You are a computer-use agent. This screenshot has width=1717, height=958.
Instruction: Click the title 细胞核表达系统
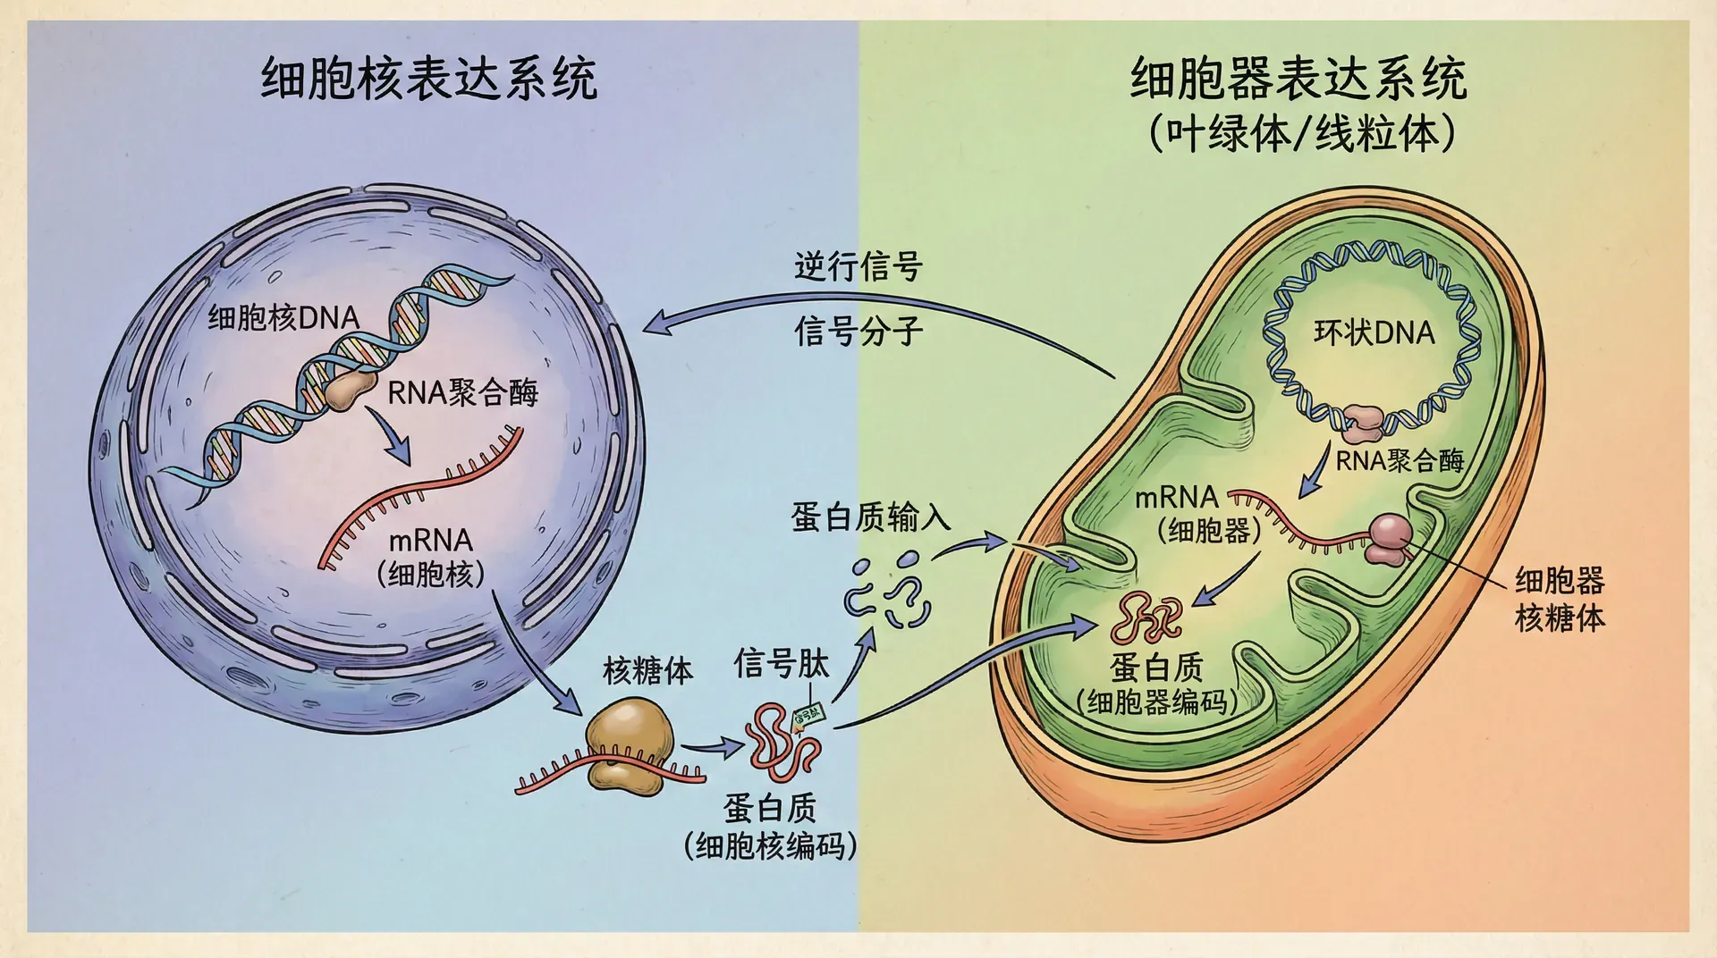coord(428,79)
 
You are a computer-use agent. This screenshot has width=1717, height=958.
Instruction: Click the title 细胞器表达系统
coord(1298,79)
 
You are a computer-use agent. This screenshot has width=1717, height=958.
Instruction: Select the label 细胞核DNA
coord(283,317)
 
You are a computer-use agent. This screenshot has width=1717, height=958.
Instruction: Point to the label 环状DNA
coord(1374,332)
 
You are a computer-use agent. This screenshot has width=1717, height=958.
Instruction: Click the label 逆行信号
coord(858,266)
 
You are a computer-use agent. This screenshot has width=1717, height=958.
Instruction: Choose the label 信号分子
coord(858,331)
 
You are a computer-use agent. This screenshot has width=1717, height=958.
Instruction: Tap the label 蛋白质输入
coord(870,517)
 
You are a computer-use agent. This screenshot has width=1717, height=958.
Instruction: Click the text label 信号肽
coord(781,664)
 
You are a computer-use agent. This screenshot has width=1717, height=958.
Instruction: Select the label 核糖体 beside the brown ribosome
coord(647,670)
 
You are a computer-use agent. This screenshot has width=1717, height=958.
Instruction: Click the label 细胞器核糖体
coord(1560,599)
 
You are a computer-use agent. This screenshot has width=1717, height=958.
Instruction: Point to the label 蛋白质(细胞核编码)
coord(770,827)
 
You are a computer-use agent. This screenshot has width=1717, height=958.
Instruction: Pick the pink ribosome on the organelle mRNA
coord(1389,539)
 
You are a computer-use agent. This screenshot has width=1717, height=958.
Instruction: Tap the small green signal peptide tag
coord(808,716)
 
